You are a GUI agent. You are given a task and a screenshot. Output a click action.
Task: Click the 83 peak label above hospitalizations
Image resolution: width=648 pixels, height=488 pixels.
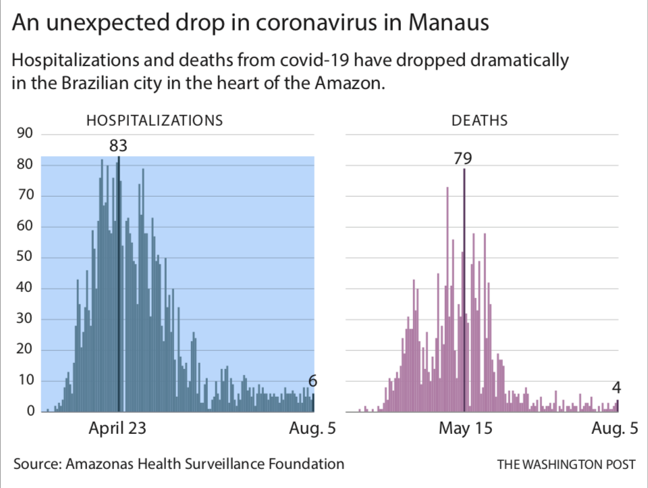pyautogui.click(x=118, y=145)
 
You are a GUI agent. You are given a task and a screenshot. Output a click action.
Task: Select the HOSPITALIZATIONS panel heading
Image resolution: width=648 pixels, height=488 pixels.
pyautogui.click(x=154, y=121)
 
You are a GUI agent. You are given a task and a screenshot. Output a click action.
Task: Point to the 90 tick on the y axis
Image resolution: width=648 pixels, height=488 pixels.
pyautogui.click(x=25, y=134)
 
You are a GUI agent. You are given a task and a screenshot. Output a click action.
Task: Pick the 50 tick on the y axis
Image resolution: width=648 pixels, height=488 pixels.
pyautogui.click(x=25, y=258)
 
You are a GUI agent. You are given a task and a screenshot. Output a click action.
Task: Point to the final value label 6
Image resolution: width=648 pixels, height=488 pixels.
pyautogui.click(x=313, y=382)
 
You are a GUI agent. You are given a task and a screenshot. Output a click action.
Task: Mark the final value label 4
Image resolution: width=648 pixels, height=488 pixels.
pyautogui.click(x=616, y=388)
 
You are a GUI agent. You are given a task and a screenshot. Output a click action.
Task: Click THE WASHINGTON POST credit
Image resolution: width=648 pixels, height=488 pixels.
pyautogui.click(x=566, y=464)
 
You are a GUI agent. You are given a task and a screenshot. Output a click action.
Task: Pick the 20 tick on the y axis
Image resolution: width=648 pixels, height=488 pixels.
pyautogui.click(x=25, y=350)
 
